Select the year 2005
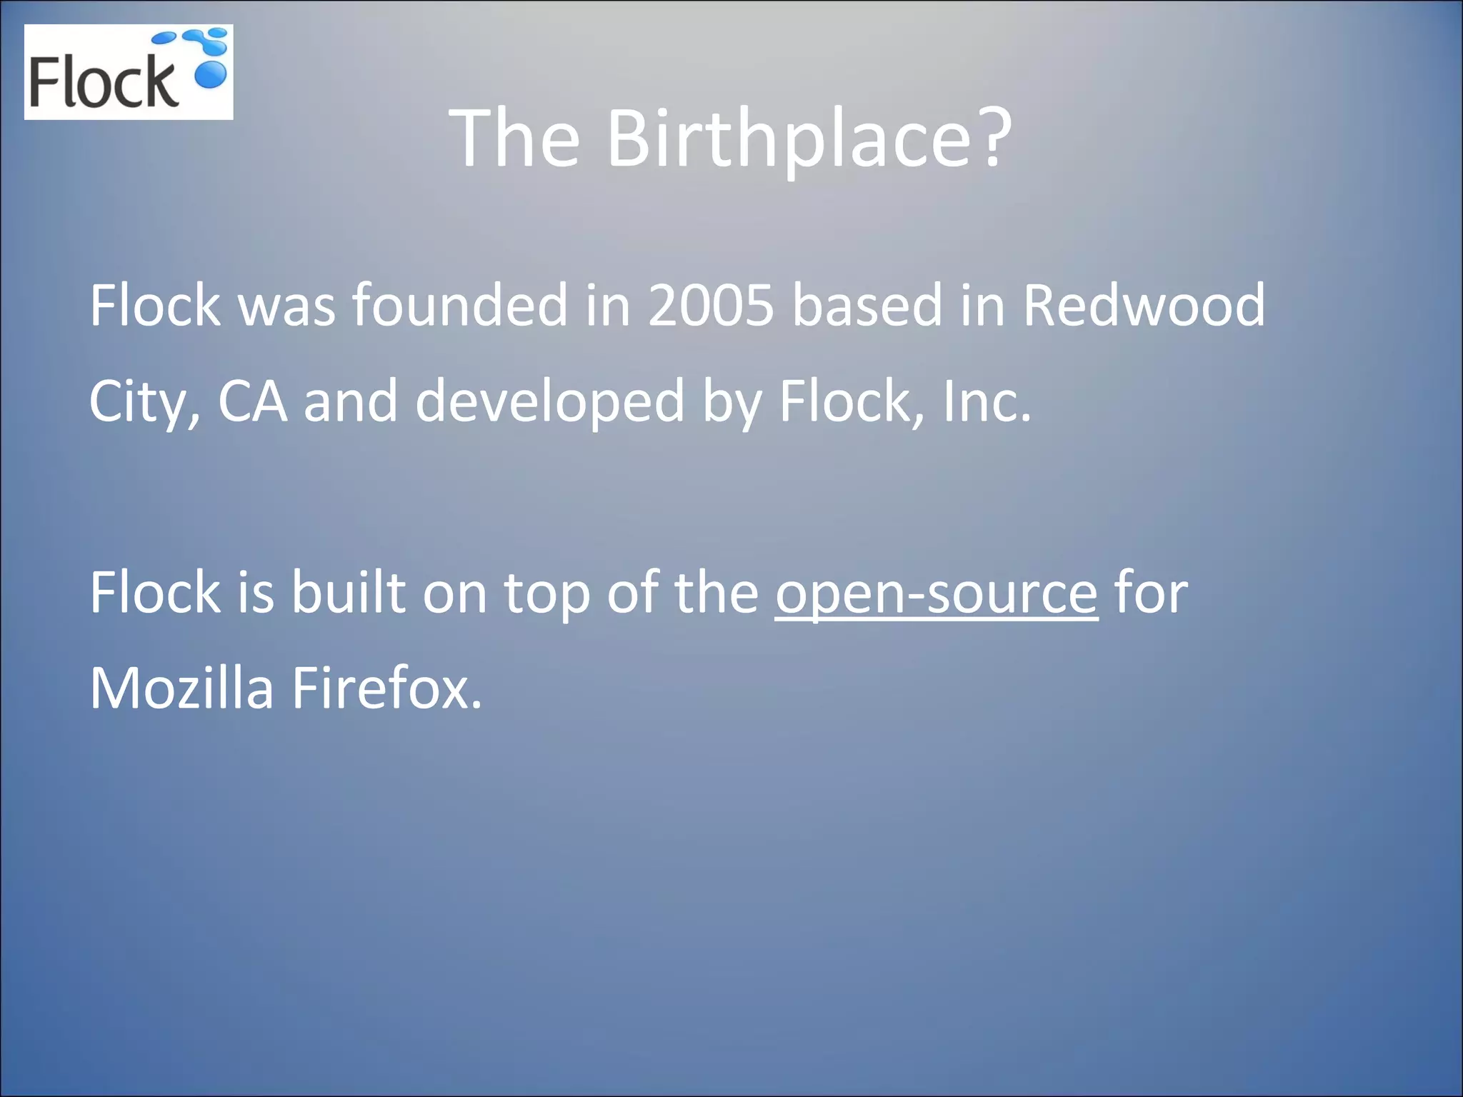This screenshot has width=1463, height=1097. tap(711, 305)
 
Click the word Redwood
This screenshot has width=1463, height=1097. tap(1144, 305)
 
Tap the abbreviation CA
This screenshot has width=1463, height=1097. tap(252, 401)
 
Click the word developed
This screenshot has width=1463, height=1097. tap(550, 402)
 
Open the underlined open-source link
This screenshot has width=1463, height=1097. tap(936, 593)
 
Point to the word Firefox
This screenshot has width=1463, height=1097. tap(386, 688)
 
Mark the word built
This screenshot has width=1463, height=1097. tap(348, 592)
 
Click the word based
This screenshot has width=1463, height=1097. tap(867, 305)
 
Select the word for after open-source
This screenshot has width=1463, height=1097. tap(1150, 592)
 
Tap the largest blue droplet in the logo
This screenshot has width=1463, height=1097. tap(210, 74)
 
